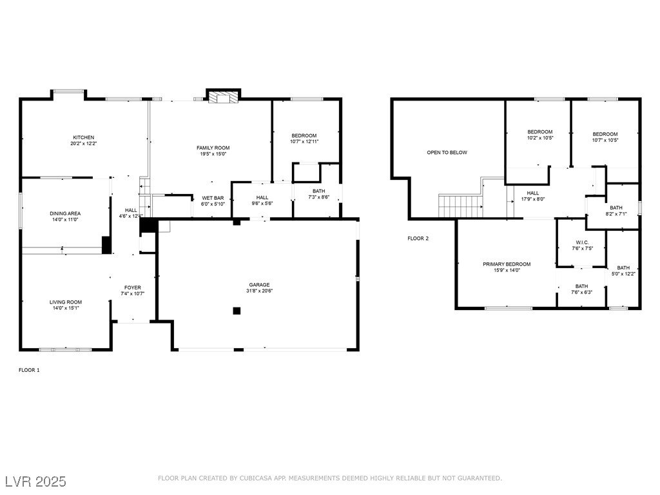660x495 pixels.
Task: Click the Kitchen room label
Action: pos(83,137)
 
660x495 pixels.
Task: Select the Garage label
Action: pos(260,284)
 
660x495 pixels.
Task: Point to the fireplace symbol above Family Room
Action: pos(222,97)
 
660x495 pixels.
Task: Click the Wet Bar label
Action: pos(213,198)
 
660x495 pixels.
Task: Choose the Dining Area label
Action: pos(65,213)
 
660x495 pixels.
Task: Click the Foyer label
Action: pos(133,287)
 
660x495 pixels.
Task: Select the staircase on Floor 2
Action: pos(461,206)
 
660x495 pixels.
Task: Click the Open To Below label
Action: pos(447,153)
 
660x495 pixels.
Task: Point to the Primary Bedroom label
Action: pos(507,264)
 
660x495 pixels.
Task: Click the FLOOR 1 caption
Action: pos(29,370)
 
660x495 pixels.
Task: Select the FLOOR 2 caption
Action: pos(418,238)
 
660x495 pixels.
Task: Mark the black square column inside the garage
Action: pos(237,311)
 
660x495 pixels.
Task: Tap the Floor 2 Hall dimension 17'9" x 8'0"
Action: pos(532,199)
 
